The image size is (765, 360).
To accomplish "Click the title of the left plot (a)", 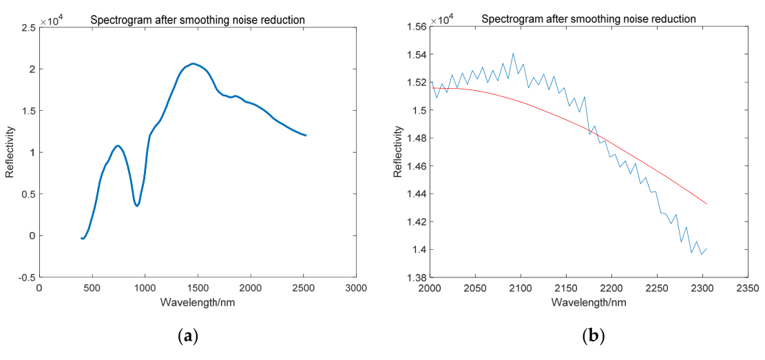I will coord(198,20).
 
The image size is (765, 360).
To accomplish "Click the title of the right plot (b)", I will coord(588,19).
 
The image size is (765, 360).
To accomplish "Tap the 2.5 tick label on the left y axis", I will coord(28,28).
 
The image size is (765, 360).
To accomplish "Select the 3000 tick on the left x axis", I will coord(355,288).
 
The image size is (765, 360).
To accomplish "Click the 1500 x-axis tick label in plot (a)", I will coord(197,288).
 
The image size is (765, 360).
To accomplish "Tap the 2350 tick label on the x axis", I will coord(747,288).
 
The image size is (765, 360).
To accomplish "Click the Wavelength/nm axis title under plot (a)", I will coord(197,302).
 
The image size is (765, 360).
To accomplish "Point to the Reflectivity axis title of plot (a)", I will coord(10,152).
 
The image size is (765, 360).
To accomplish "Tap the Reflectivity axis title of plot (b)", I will coord(398,152).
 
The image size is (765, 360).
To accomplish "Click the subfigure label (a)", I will coord(188,337).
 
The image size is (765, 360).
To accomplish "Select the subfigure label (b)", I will coord(593,337).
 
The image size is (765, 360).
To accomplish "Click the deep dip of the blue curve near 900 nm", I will coord(137,206).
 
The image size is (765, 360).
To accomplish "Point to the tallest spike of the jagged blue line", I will coord(513,54).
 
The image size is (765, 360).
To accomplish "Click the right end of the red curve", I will coord(706,204).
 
